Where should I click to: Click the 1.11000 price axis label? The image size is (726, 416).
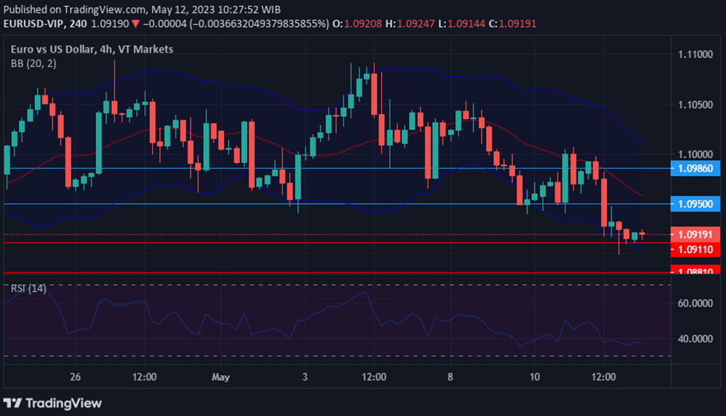pyautogui.click(x=696, y=54)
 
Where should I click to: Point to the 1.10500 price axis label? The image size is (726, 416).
pyautogui.click(x=696, y=104)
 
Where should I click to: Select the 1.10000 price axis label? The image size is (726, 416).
pyautogui.click(x=696, y=153)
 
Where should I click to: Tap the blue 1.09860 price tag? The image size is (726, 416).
pyautogui.click(x=696, y=169)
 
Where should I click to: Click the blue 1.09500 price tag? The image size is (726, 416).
pyautogui.click(x=696, y=203)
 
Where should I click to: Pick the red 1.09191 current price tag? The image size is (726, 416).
pyautogui.click(x=696, y=234)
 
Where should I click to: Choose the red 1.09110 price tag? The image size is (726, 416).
pyautogui.click(x=696, y=249)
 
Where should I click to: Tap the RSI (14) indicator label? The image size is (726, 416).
pyautogui.click(x=28, y=288)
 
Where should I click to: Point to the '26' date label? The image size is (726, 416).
pyautogui.click(x=75, y=377)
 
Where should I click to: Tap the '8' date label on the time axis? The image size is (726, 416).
pyautogui.click(x=450, y=377)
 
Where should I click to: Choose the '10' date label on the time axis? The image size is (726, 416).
pyautogui.click(x=535, y=377)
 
